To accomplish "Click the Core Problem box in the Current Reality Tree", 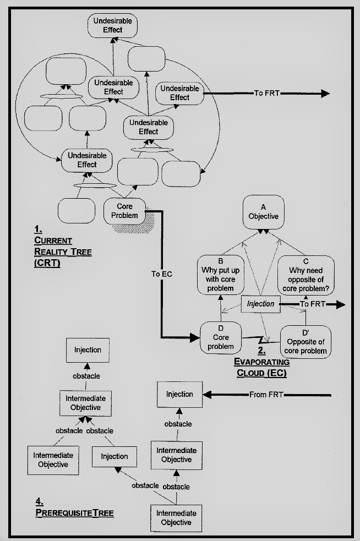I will (x=126, y=210).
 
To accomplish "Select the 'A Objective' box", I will (x=263, y=212).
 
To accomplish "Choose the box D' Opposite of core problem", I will (x=306, y=341).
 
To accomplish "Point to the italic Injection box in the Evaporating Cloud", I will (x=260, y=304).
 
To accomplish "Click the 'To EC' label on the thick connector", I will (x=161, y=274).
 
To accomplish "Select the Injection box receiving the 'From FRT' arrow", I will (x=179, y=394).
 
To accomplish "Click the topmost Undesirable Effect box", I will (x=113, y=25).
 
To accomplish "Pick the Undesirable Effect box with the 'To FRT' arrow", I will (x=179, y=93).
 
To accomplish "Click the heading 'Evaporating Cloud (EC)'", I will (x=262, y=367).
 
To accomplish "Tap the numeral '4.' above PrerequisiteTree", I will (x=39, y=502).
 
